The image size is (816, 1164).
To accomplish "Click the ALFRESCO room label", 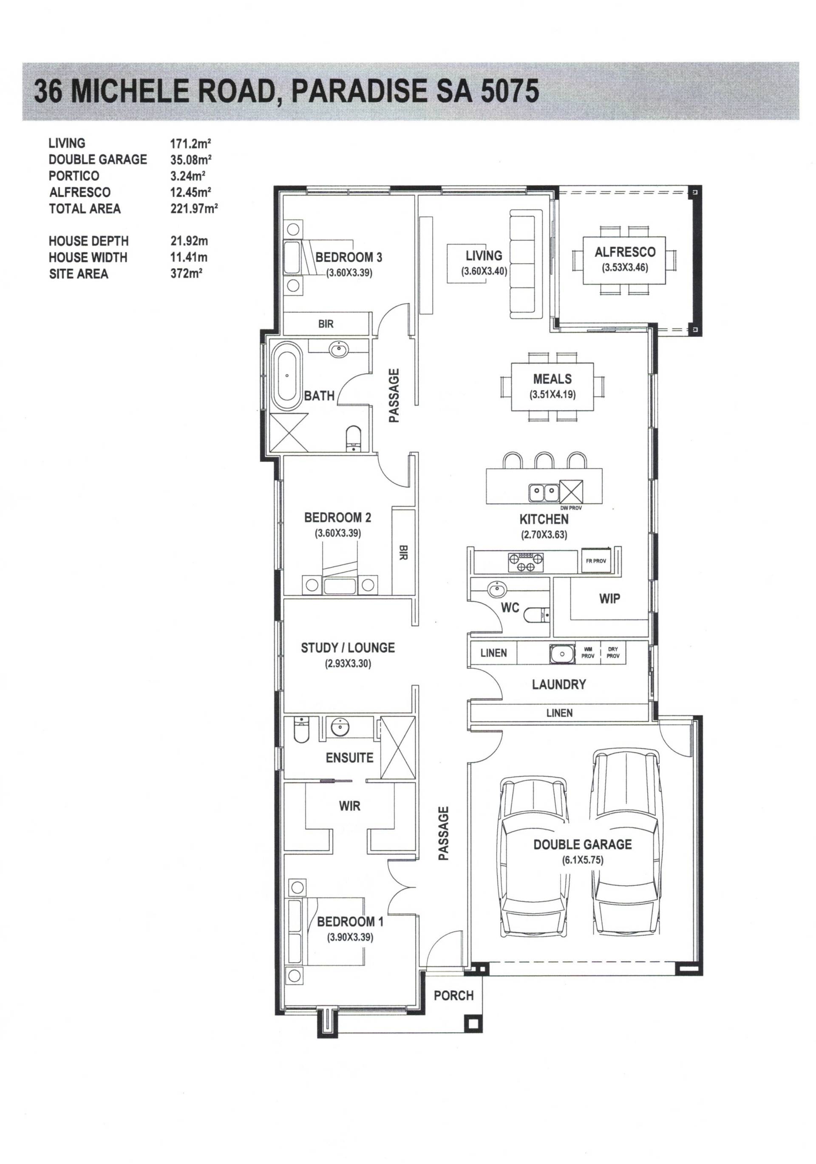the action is pos(624,252).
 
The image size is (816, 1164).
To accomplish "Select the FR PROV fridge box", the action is pos(595,560).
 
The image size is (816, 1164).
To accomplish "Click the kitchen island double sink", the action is pos(543,491).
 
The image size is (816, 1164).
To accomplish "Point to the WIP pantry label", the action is pos(609,599).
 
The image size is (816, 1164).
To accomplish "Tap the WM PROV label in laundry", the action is pos(588,652).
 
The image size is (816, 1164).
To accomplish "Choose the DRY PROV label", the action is pos(612,652).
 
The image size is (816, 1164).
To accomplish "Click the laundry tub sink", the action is pos(561,654).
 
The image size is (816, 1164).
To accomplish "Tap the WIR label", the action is pos(349,806).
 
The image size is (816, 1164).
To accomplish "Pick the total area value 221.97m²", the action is pos(194,208).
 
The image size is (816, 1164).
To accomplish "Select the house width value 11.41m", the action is pos(189,258).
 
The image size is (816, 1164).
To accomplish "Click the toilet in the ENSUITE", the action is pos(301,730).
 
